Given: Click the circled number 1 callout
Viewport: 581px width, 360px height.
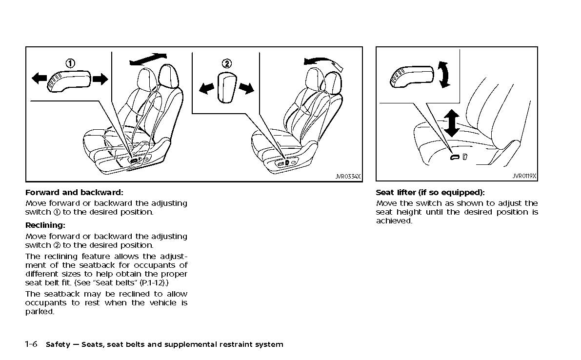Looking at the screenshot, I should [71, 63].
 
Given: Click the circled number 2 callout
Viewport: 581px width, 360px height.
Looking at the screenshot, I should [227, 63].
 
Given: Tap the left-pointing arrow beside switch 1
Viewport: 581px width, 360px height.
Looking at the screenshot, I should [40, 79].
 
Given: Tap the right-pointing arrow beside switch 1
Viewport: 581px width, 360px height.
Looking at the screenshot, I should [100, 79].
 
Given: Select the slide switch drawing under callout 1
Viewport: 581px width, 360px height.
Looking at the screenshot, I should [69, 80].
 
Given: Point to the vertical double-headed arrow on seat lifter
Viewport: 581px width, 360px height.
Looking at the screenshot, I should [452, 122].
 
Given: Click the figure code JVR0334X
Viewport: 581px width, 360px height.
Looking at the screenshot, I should [348, 177].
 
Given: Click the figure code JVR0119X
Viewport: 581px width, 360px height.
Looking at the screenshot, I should [524, 177].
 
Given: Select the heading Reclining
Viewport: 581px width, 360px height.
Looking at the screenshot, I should [45, 225].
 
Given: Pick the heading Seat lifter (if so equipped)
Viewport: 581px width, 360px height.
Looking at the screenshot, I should [430, 192].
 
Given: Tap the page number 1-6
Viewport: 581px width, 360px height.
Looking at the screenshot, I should [31, 344].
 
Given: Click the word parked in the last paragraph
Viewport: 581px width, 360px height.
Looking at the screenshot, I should [39, 312].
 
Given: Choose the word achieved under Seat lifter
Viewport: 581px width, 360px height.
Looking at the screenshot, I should [394, 221].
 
